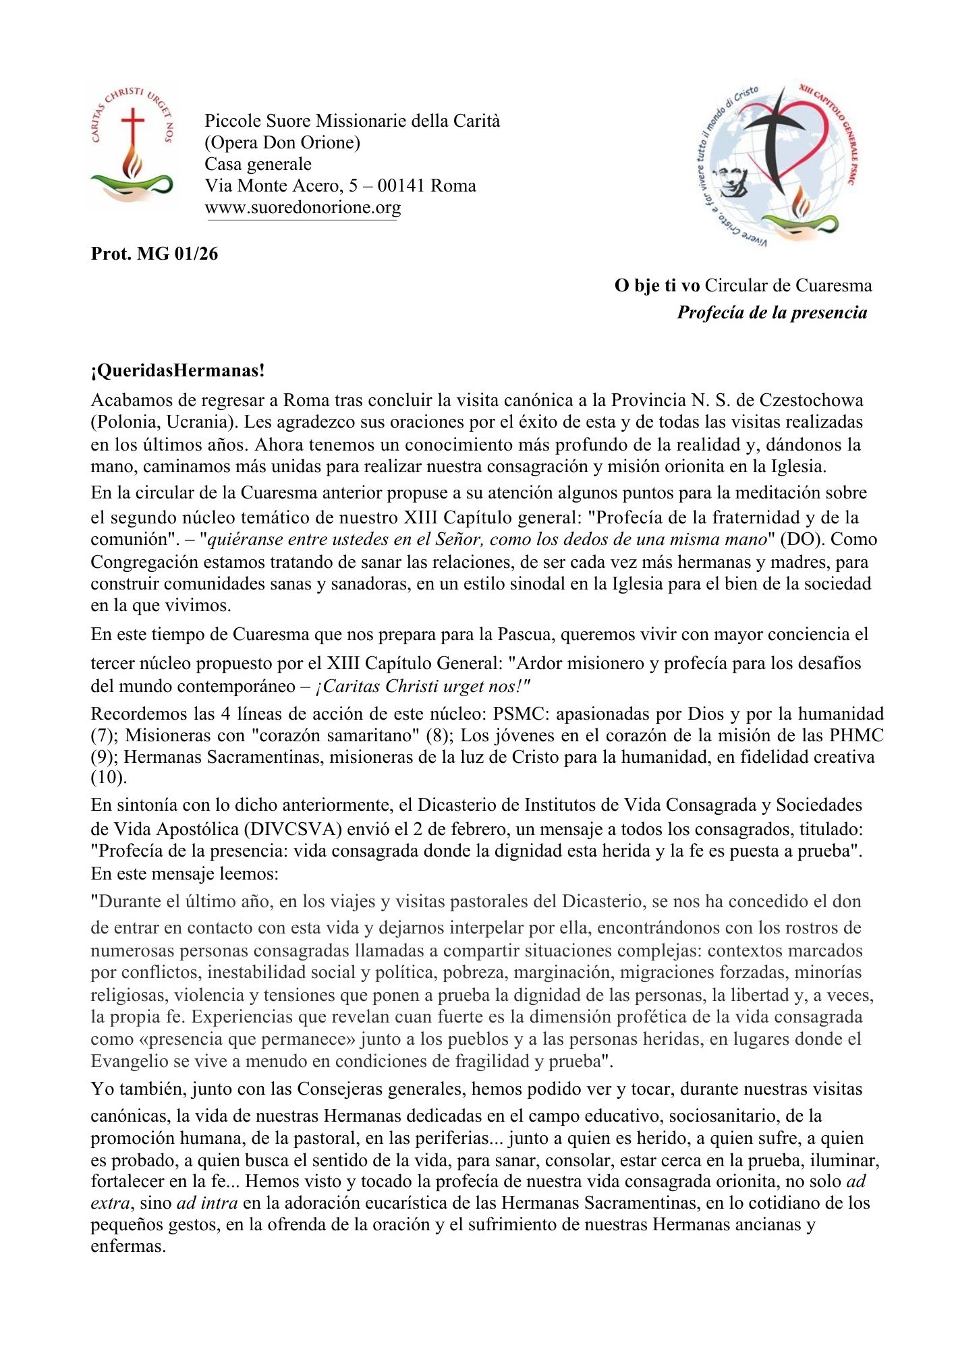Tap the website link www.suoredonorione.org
pos(302,207)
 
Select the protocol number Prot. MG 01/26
pos(155,254)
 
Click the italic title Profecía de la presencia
pos(772,312)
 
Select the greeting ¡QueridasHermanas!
pos(178,370)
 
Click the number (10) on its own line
pos(109,778)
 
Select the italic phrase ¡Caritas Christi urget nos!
pos(423,686)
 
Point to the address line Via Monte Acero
pos(340,185)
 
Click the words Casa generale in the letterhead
pos(258,164)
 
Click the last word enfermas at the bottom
pos(128,1246)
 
